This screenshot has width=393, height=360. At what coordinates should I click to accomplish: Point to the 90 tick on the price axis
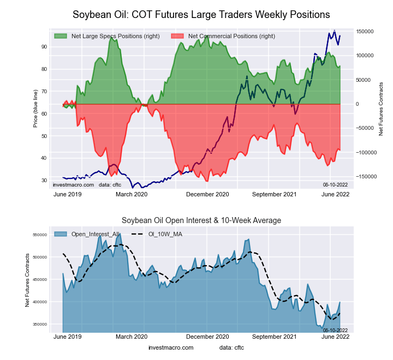coord(44,47)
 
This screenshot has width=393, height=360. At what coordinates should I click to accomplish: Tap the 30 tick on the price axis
coord(44,181)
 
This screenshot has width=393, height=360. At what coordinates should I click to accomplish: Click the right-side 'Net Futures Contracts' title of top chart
coord(381,109)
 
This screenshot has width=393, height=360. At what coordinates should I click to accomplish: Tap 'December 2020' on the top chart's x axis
coord(208,194)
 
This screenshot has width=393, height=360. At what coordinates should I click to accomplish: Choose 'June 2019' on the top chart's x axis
coord(68,194)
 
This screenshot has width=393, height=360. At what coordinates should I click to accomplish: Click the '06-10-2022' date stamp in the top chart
coord(336,185)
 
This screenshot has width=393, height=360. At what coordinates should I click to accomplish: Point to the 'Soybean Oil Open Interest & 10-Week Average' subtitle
coord(201,220)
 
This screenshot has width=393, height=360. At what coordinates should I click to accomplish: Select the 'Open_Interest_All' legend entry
coord(94,235)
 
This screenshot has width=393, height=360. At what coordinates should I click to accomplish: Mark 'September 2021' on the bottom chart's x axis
coord(274,337)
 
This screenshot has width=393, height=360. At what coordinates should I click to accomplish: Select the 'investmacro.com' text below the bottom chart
coord(171,347)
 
